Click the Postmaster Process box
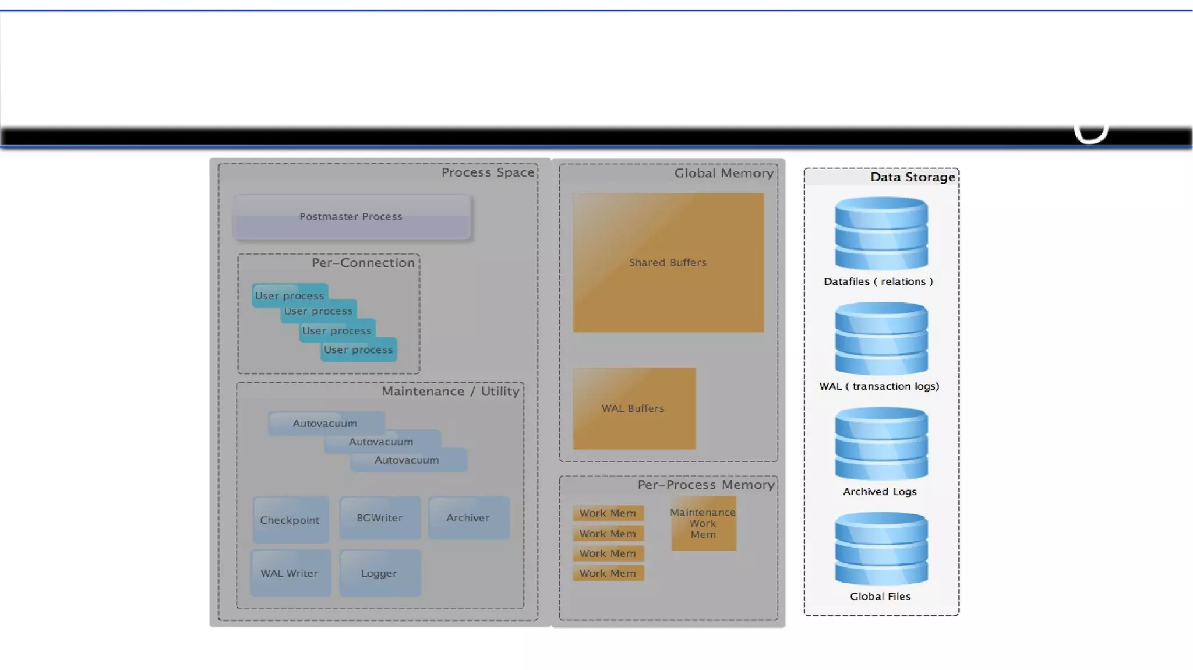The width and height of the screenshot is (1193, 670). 351,217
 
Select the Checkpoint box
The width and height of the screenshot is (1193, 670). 290,520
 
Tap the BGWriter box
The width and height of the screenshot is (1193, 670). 380,517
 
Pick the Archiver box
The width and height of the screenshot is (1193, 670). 468,517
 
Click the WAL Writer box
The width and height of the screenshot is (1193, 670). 290,573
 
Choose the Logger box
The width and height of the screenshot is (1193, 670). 380,573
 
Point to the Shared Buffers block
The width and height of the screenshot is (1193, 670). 668,262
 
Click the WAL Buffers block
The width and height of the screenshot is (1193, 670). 634,408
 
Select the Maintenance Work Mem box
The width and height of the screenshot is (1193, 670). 703,523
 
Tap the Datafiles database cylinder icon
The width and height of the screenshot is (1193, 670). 881,233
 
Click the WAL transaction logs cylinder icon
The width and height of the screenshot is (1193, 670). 881,338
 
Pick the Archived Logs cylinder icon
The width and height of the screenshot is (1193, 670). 881,443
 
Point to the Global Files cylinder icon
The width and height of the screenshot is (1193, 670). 881,548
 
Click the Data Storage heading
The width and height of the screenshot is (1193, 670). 912,177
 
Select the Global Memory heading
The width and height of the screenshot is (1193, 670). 723,173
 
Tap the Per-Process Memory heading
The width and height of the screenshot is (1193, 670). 705,485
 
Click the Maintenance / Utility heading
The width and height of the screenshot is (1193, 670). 450,391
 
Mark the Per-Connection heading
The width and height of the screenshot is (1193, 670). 363,263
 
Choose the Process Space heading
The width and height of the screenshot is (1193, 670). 488,172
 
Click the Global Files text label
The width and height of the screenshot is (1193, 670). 880,596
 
